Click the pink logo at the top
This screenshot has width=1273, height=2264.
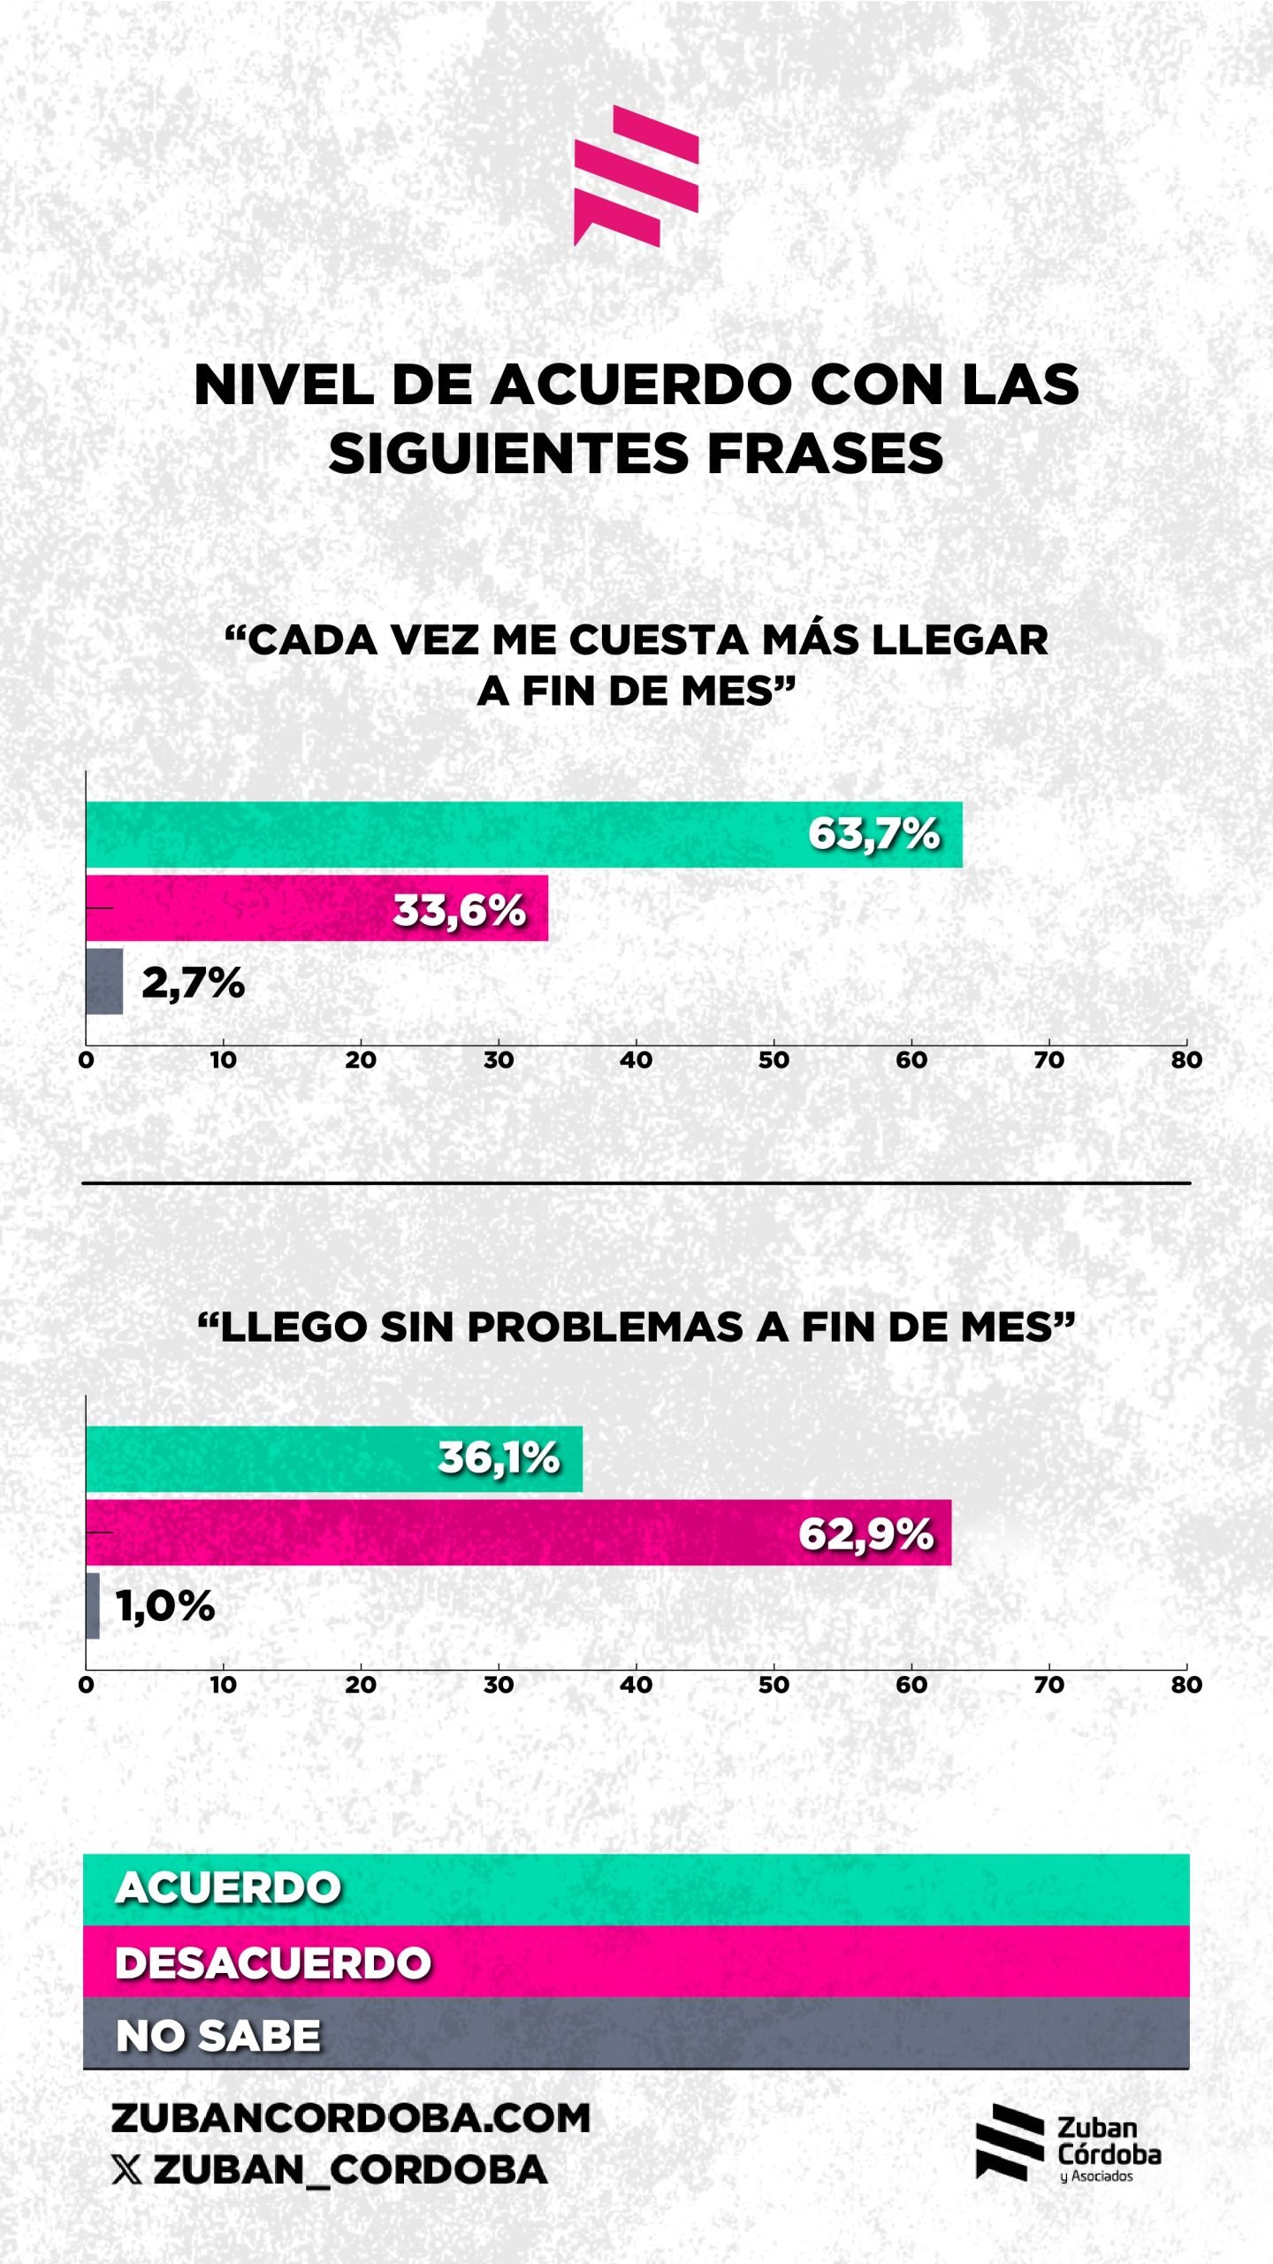(636, 175)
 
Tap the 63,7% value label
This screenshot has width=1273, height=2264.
(873, 834)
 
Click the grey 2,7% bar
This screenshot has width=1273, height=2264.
(104, 982)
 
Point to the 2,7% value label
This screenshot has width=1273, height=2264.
(193, 983)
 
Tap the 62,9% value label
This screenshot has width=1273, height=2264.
(865, 1534)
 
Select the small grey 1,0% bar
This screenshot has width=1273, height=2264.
(93, 1606)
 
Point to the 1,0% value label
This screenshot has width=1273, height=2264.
(165, 1606)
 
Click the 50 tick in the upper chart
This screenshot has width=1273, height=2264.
(774, 1059)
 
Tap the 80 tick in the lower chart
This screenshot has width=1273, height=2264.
(1185, 1685)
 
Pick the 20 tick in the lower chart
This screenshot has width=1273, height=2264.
(361, 1685)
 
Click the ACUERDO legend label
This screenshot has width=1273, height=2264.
(228, 1888)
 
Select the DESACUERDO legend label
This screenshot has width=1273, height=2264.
(273, 1962)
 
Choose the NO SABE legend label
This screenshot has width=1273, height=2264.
(218, 2035)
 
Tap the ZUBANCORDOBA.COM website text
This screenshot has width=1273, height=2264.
(350, 2118)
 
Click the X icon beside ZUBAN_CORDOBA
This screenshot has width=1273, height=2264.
(126, 2169)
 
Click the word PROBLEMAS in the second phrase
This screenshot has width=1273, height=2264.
(605, 1327)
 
